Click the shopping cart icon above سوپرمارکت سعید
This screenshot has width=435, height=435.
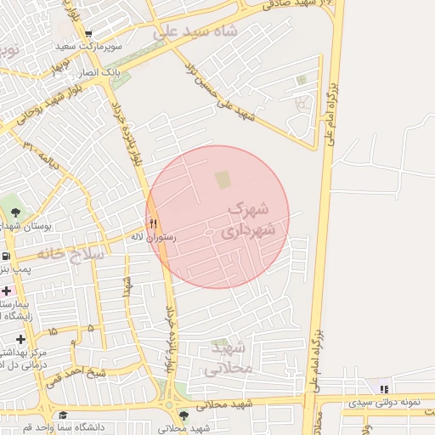(88, 34)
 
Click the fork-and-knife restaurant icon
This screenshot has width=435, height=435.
(154, 223)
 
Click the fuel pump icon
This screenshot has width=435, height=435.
(6, 256)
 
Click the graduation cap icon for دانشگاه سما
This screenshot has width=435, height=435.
(63, 415)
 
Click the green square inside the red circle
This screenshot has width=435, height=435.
(223, 179)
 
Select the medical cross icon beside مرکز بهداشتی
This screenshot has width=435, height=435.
(21, 340)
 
